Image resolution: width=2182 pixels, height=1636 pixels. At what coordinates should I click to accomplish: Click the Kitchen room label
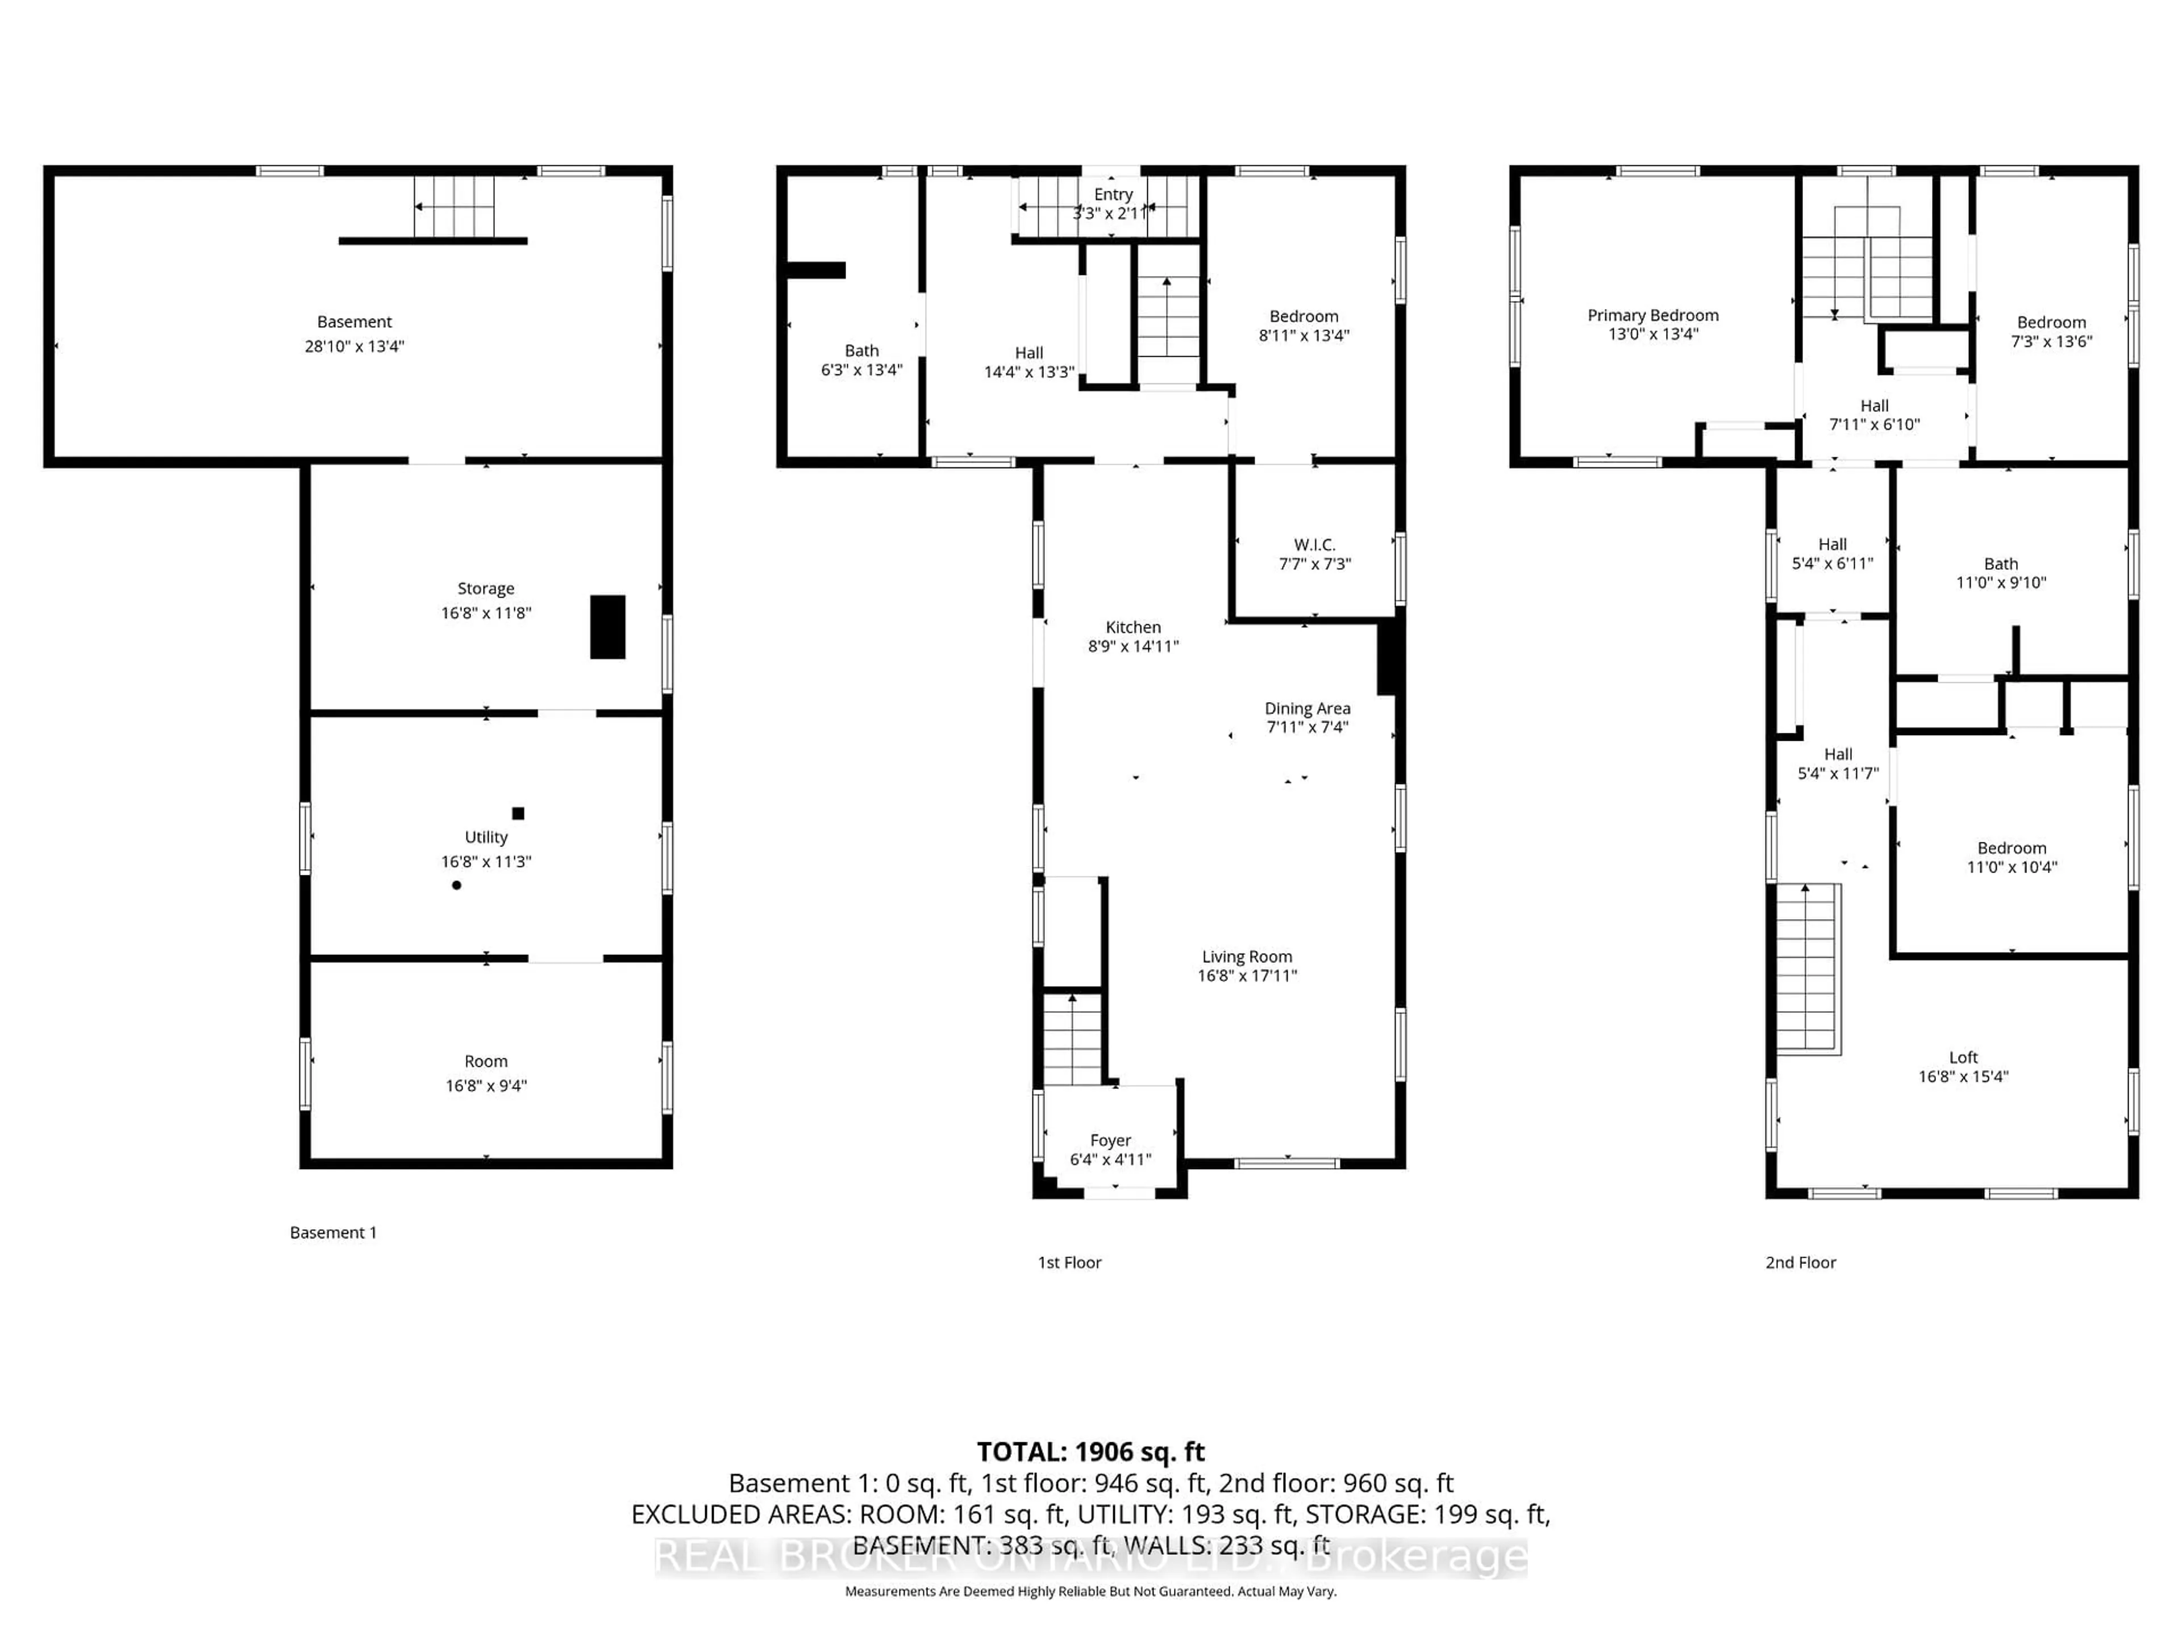point(1132,627)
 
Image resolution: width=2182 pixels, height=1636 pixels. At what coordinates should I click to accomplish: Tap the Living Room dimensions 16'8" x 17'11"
point(1247,975)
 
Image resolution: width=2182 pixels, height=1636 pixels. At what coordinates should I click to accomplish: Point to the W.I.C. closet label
point(1314,544)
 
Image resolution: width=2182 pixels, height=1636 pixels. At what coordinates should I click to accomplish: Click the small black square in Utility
point(518,813)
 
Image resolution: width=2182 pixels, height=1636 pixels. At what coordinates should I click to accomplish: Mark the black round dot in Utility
point(457,886)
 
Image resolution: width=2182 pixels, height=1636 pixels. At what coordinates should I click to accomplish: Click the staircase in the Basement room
point(454,207)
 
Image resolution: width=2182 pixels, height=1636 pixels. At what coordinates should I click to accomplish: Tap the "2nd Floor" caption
point(1800,1262)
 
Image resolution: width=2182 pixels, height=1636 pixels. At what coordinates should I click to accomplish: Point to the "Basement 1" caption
point(334,1233)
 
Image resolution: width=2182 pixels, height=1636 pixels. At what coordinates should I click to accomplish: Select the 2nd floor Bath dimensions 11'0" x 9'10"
point(2001,583)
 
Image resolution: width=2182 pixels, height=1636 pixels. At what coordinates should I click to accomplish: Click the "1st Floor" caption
point(1069,1262)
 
